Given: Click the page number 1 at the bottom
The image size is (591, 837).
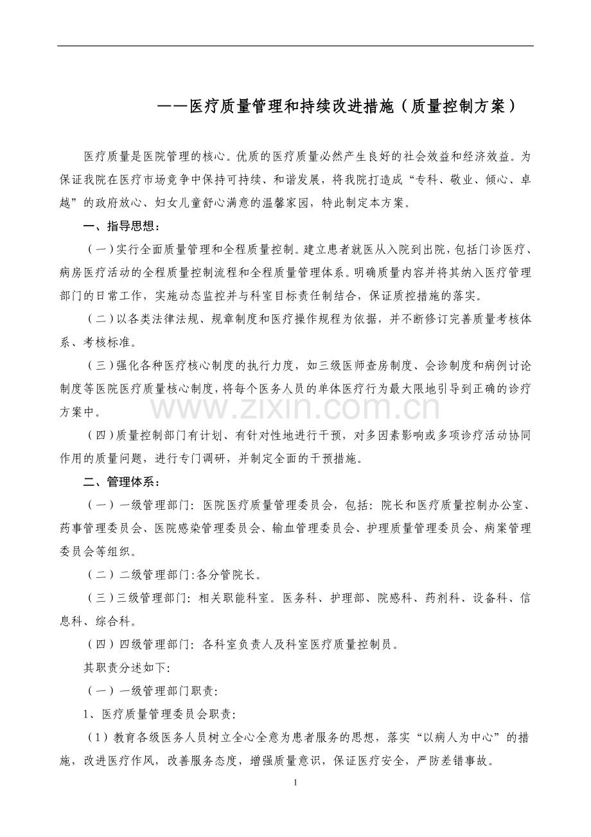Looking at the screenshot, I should (295, 782).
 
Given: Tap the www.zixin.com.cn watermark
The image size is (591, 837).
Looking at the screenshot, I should (295, 408).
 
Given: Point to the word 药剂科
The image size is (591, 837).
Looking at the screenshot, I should (442, 598).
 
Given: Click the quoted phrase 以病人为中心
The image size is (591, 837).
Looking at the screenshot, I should (463, 737).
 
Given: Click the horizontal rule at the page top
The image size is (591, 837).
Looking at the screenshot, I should (295, 46).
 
